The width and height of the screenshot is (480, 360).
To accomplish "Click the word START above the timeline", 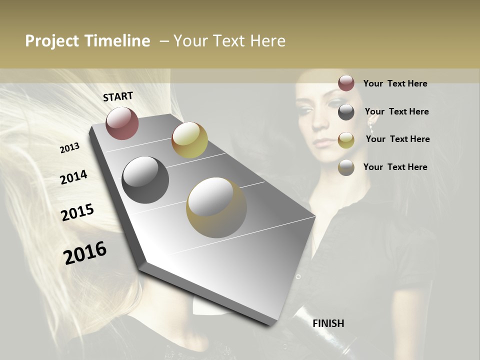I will [x=118, y=96].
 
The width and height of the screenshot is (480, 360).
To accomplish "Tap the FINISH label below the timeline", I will [x=328, y=323].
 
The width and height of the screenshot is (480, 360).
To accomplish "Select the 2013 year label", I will [x=70, y=148].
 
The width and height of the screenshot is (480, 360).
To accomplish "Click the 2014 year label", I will [x=73, y=177].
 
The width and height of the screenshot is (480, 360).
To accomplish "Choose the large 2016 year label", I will [x=85, y=252].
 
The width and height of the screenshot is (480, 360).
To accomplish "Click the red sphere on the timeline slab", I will [x=122, y=123].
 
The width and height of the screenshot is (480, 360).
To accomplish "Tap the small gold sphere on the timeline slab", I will [x=189, y=140].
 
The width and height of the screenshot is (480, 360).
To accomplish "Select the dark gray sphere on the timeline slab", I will [x=145, y=180].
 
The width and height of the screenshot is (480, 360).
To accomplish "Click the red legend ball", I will [x=346, y=83].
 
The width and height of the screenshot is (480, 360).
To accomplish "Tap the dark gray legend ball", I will [x=346, y=112].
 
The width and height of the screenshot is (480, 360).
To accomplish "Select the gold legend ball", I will [x=346, y=140].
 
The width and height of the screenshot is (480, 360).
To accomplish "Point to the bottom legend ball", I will [x=346, y=167].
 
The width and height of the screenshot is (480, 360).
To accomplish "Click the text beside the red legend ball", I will [x=395, y=83].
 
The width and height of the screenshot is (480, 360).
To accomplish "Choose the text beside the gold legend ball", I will [x=397, y=139].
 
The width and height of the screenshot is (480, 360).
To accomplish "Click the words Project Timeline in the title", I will [x=87, y=41].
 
